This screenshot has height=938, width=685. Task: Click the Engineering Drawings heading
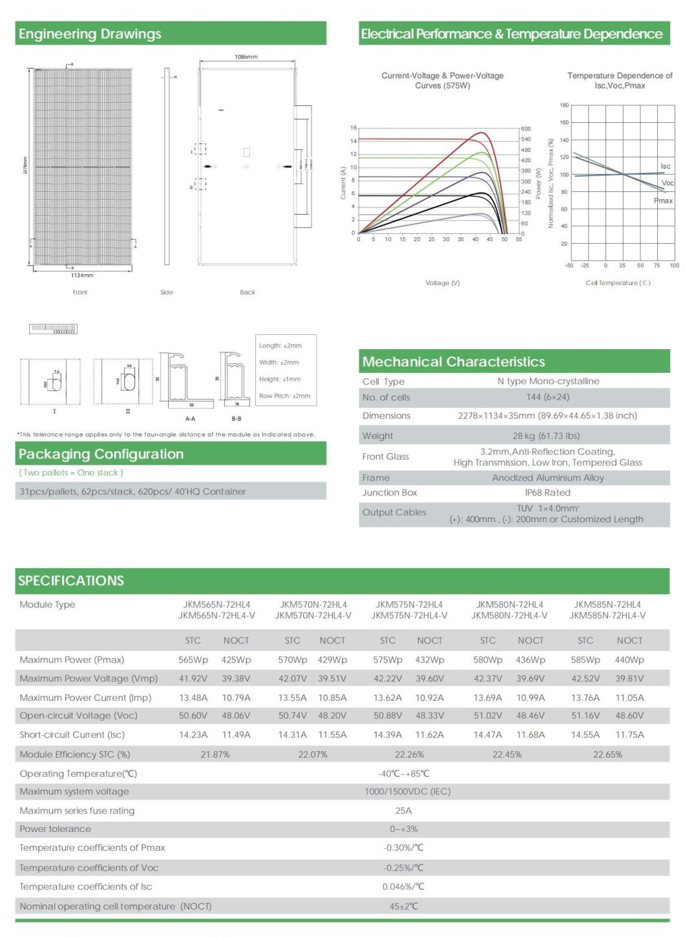click(x=90, y=34)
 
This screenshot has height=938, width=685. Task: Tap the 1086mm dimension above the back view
click(x=246, y=57)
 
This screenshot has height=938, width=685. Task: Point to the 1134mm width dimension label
click(x=82, y=275)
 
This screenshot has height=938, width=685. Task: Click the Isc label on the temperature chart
click(x=665, y=167)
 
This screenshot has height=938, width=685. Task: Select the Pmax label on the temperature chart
click(x=663, y=201)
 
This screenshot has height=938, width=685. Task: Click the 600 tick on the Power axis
click(x=526, y=129)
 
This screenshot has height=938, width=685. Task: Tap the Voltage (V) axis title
click(x=443, y=283)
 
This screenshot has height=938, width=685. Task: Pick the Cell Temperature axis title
click(x=618, y=283)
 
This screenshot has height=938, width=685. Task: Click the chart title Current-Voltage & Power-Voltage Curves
click(x=443, y=80)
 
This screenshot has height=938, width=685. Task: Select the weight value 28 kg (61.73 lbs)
click(x=546, y=436)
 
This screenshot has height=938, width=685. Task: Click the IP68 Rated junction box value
click(x=547, y=493)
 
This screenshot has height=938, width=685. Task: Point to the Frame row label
click(x=376, y=478)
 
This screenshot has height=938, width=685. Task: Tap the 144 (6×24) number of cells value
click(x=547, y=398)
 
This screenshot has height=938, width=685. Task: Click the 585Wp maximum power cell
click(x=585, y=660)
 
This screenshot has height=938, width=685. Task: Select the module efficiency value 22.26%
click(x=410, y=754)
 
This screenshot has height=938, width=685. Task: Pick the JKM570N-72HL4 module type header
click(x=313, y=605)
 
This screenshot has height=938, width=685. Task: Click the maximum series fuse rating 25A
click(x=403, y=811)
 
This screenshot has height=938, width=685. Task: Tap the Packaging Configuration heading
click(x=101, y=454)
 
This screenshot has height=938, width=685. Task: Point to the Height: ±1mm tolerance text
click(x=279, y=379)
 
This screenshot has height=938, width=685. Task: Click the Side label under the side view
click(x=167, y=293)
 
